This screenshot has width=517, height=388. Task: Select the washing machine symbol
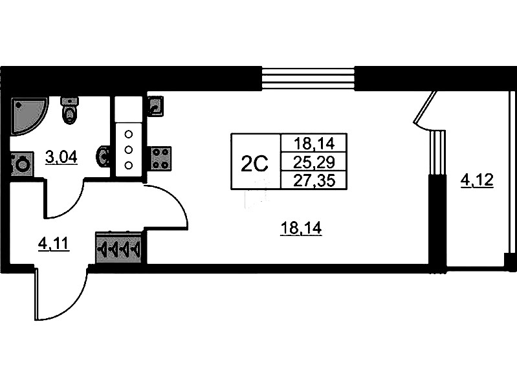(x=21, y=164)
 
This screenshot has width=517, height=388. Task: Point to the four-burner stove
(x=161, y=157)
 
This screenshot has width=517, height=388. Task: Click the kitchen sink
(x=155, y=105)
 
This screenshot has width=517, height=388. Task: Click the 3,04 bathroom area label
(x=61, y=156)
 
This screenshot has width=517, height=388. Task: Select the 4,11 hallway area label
(x=54, y=244)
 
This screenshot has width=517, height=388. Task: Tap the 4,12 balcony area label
(x=477, y=179)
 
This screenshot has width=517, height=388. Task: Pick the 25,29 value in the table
(x=311, y=162)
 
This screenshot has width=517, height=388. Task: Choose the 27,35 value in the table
(x=311, y=179)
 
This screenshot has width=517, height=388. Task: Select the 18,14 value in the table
(x=311, y=143)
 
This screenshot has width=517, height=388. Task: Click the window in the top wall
(x=308, y=79)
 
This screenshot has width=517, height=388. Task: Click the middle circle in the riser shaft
(x=128, y=149)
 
